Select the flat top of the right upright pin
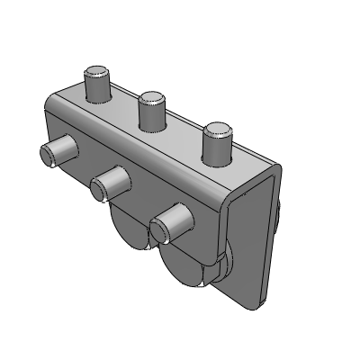tap(217, 130)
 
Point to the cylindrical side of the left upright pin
tap(97, 89)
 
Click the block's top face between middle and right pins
tap(184, 126)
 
